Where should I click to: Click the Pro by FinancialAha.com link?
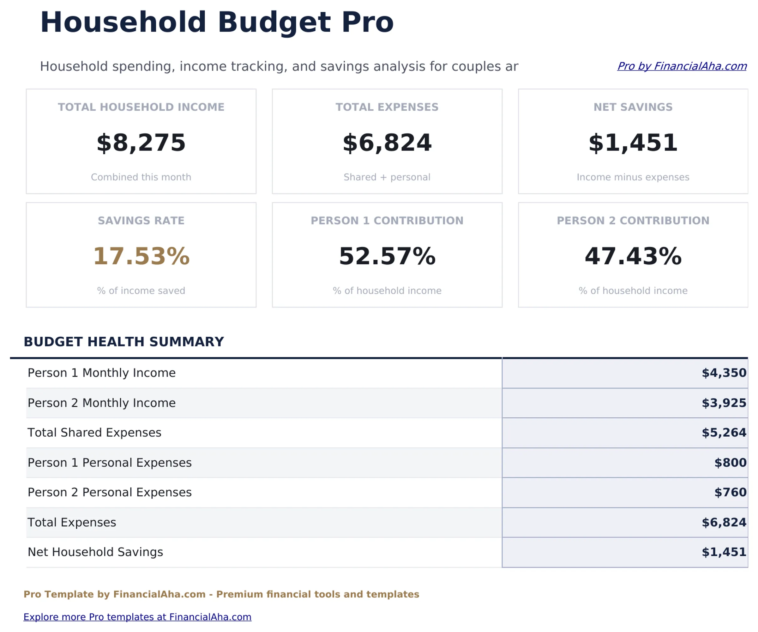(682, 66)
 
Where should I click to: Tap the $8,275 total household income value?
(141, 143)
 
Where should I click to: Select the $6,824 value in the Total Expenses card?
(387, 143)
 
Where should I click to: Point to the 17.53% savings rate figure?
(141, 256)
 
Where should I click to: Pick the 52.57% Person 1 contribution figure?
(387, 256)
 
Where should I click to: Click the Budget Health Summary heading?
(123, 341)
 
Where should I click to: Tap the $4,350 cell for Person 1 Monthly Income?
(723, 373)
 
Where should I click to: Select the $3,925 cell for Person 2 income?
(723, 403)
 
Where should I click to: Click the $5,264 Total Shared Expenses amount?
(723, 433)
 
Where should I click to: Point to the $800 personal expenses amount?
(730, 463)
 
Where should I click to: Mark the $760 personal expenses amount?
(730, 492)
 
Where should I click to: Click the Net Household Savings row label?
(95, 552)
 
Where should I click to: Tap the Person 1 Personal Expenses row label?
(109, 463)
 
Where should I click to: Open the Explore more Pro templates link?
(137, 617)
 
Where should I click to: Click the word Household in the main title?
(123, 22)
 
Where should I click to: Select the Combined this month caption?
(141, 177)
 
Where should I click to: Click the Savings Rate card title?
(141, 220)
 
